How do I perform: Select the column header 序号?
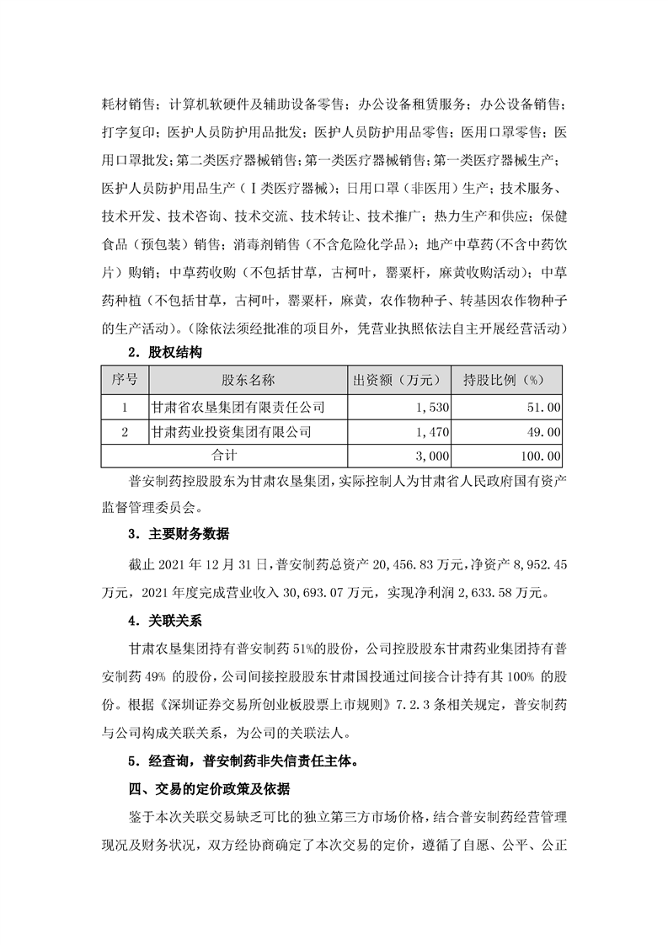(x=124, y=380)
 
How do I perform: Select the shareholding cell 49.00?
(x=542, y=432)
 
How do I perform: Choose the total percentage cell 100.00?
(x=539, y=456)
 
